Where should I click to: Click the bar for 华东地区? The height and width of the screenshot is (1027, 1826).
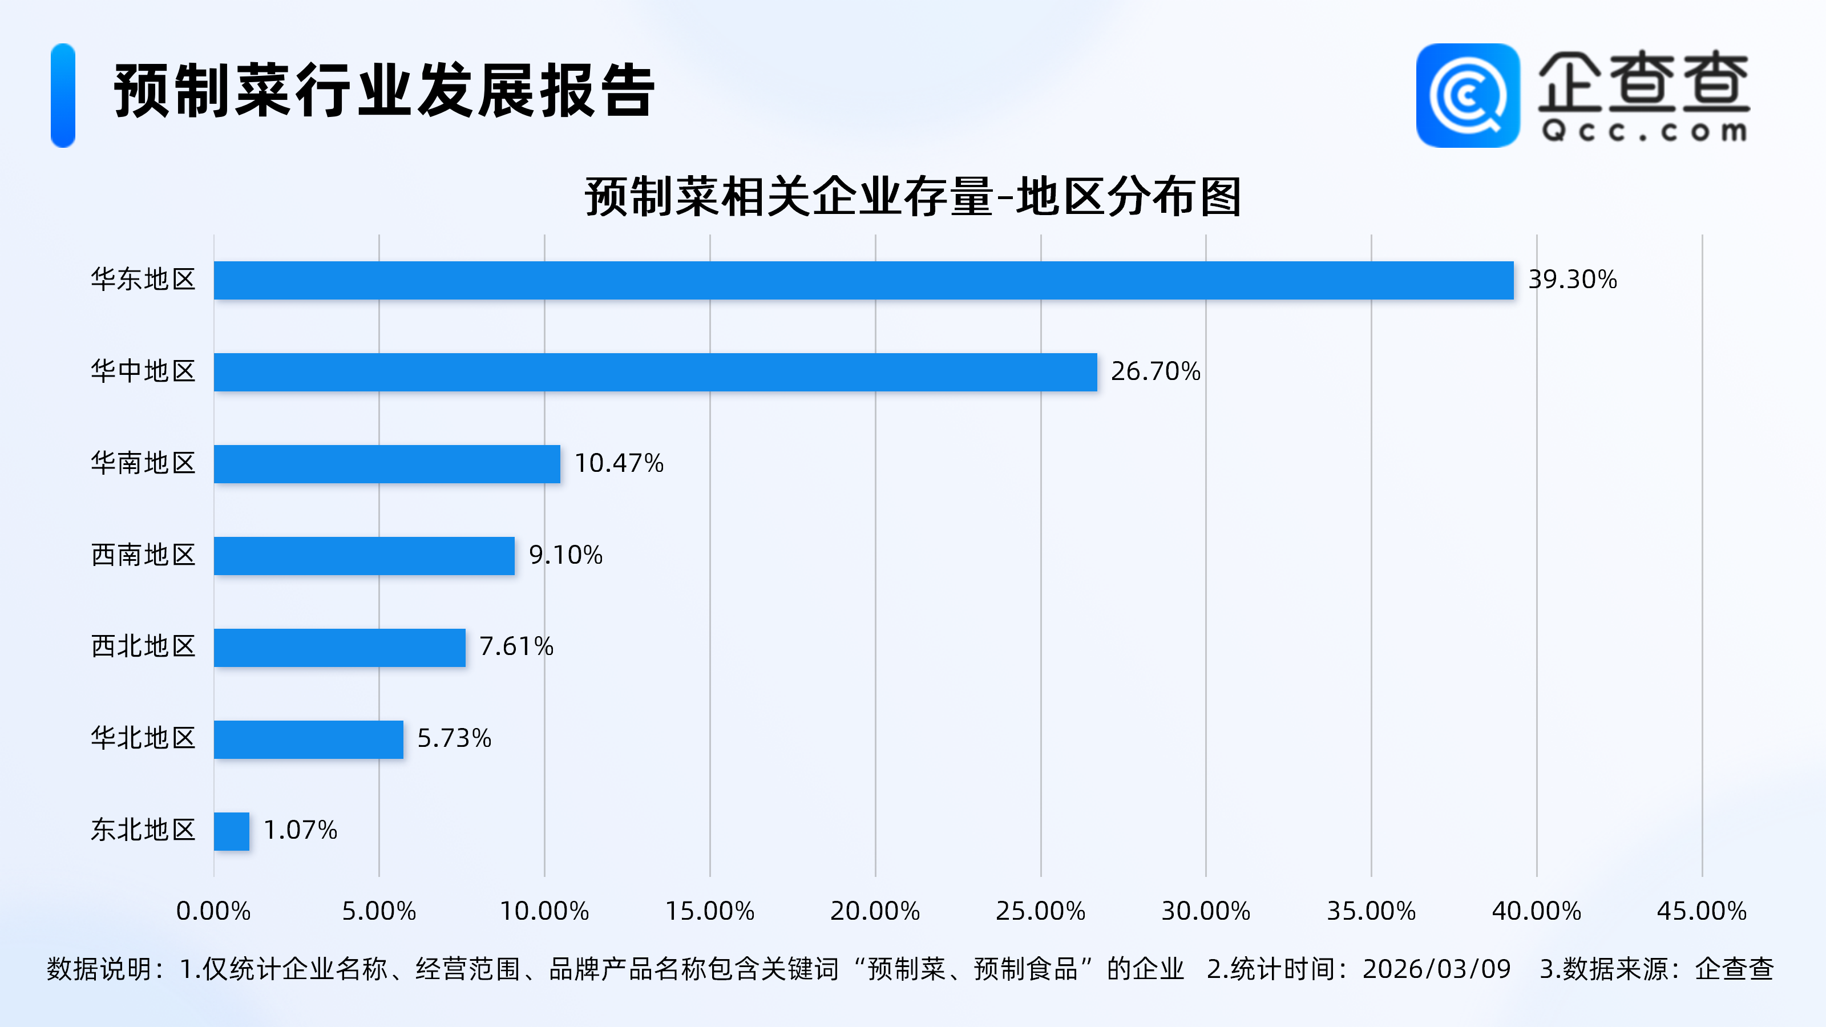click(x=863, y=280)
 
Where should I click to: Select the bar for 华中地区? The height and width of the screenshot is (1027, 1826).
click(x=655, y=372)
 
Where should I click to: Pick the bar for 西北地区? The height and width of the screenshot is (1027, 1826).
click(x=340, y=647)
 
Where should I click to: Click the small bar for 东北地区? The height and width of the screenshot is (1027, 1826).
click(x=232, y=831)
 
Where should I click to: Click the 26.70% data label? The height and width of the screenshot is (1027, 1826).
click(x=1156, y=371)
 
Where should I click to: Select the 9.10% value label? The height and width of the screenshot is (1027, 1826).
click(x=565, y=555)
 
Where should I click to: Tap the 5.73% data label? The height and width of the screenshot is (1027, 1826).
click(x=454, y=738)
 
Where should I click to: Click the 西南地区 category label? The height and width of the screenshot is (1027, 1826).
click(x=143, y=555)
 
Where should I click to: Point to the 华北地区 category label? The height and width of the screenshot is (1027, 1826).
click(x=143, y=738)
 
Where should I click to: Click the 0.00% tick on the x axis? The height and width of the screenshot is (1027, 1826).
click(x=213, y=911)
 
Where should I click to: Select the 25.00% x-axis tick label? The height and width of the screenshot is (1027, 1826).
click(x=1041, y=911)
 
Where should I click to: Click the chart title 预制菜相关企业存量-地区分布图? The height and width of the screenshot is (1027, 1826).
click(x=913, y=196)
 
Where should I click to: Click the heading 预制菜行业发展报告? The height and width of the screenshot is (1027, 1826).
click(x=384, y=91)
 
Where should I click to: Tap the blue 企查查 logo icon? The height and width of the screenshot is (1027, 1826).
click(x=1467, y=96)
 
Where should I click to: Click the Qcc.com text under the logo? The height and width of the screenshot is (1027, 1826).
click(x=1644, y=131)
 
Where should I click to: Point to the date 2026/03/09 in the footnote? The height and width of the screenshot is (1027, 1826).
click(x=1436, y=969)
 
